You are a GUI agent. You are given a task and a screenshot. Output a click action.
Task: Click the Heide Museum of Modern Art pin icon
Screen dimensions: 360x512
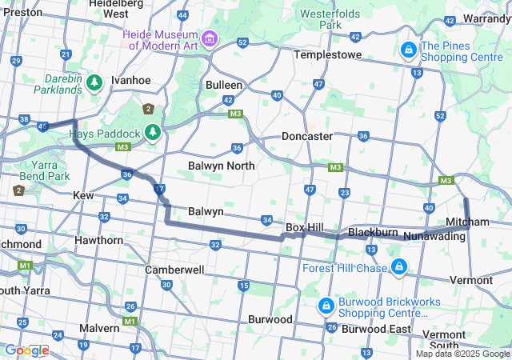[x=210, y=38]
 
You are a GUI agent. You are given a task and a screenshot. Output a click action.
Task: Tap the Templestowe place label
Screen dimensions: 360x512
[x=328, y=54]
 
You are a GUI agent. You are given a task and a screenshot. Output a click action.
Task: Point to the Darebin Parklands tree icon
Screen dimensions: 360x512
[x=95, y=82]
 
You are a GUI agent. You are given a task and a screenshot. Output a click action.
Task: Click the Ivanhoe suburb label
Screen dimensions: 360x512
[x=130, y=80]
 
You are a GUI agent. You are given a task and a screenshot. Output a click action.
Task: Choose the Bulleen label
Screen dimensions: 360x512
[x=224, y=84]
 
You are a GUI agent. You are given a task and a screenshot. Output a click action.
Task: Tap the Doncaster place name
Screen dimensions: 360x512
[x=306, y=136]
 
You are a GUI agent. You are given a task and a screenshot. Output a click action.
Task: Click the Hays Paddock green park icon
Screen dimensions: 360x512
[x=152, y=132]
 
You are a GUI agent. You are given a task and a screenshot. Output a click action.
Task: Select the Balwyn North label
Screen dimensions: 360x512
[x=222, y=166]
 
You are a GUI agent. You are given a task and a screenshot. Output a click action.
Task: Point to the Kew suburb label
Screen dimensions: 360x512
[x=83, y=195]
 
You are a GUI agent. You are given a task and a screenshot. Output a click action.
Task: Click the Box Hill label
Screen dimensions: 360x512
[x=304, y=228]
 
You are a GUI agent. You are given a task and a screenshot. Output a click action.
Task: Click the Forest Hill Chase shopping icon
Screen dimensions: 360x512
[x=398, y=266]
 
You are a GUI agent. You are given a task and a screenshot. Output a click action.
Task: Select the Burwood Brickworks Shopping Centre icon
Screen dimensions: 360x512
[x=326, y=306]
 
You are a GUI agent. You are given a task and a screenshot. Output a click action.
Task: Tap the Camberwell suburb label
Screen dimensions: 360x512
[x=174, y=270]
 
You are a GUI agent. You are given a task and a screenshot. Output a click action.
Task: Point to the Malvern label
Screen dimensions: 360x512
[x=99, y=328]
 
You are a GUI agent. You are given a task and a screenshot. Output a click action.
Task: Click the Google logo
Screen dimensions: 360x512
[x=26, y=350]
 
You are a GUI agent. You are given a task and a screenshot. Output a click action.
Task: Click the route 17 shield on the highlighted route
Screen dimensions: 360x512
[x=160, y=189]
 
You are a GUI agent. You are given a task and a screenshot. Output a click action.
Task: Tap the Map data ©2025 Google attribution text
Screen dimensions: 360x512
[x=462, y=354]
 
